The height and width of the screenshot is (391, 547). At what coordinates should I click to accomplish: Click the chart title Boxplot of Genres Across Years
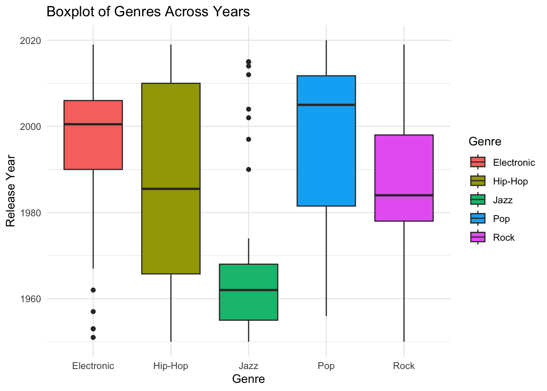(x=148, y=12)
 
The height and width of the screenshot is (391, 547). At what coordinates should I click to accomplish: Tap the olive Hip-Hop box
(x=171, y=228)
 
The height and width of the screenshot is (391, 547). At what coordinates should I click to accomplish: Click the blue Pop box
(x=326, y=155)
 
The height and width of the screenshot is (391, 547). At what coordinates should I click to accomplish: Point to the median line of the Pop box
(x=326, y=105)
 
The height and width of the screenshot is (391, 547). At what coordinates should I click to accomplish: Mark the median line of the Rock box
(x=404, y=195)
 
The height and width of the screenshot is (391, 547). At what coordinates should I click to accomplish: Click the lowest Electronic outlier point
(x=93, y=337)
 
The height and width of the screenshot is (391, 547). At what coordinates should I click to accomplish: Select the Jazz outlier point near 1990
(x=248, y=169)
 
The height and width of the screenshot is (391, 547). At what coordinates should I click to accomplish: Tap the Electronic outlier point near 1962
(x=93, y=290)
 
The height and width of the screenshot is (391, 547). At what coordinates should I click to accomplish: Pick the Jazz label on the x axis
(x=248, y=366)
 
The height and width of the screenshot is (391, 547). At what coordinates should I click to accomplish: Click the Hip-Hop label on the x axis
(x=171, y=366)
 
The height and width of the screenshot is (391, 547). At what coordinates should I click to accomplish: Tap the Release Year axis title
(x=11, y=191)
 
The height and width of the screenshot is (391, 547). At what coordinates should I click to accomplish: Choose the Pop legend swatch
(x=477, y=219)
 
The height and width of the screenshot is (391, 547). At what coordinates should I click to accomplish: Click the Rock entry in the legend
(x=503, y=237)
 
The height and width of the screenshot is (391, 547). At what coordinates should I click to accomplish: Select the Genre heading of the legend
(x=485, y=141)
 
